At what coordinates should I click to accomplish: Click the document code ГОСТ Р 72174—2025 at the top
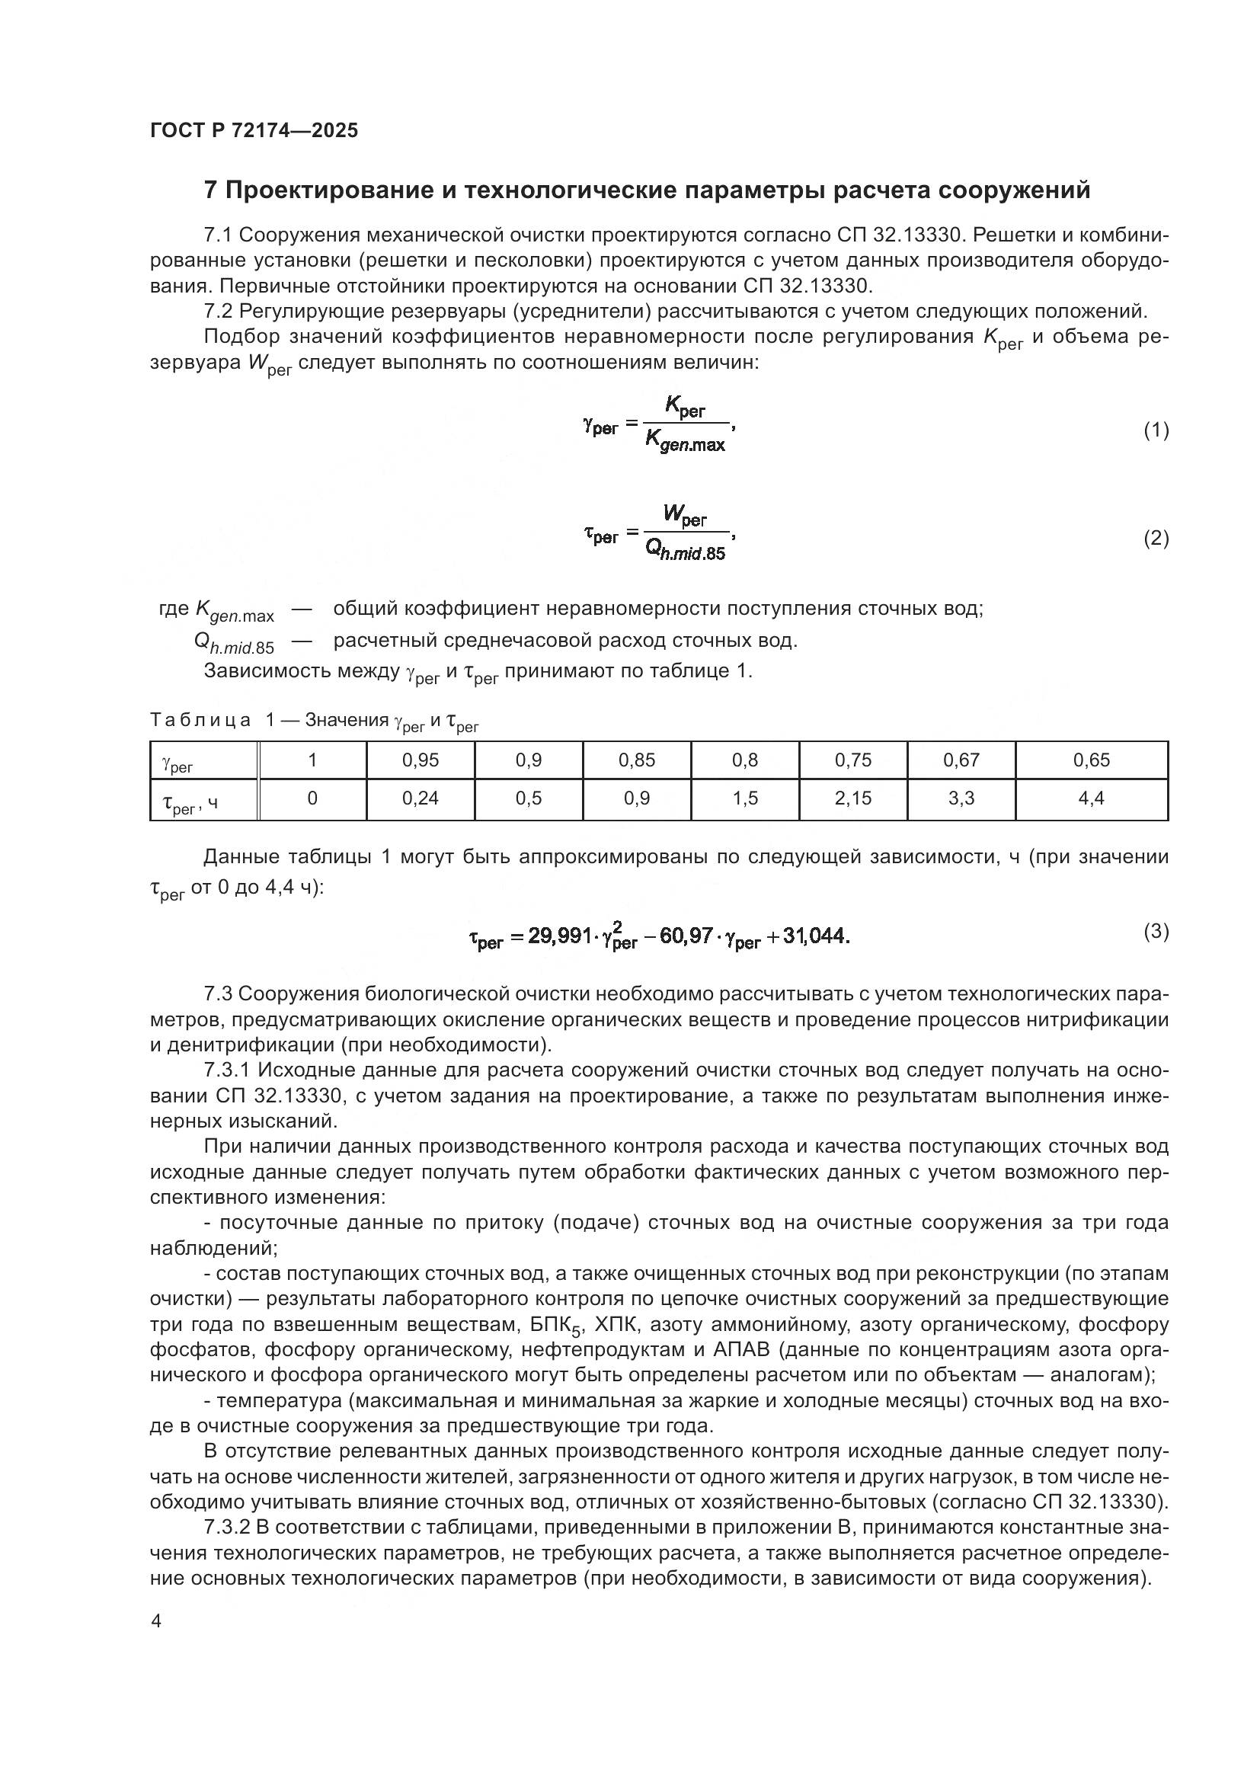254,130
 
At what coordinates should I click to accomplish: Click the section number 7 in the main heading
209,190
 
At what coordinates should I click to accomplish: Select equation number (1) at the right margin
1156,430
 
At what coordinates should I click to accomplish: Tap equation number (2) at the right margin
1156,538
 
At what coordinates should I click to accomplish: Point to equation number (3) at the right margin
1156,931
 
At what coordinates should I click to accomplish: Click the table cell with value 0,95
421,760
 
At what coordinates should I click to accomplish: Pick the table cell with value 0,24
421,798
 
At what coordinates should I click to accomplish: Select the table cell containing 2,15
852,798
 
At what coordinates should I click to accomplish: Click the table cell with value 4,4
1091,798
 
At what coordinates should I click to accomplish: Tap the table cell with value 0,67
961,760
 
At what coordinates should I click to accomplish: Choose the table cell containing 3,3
961,798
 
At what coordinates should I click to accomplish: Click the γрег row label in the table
177,763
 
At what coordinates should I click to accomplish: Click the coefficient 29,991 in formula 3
560,936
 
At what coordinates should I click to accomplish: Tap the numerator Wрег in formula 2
684,514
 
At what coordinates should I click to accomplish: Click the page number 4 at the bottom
156,1621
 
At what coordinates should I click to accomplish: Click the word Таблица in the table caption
200,720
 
